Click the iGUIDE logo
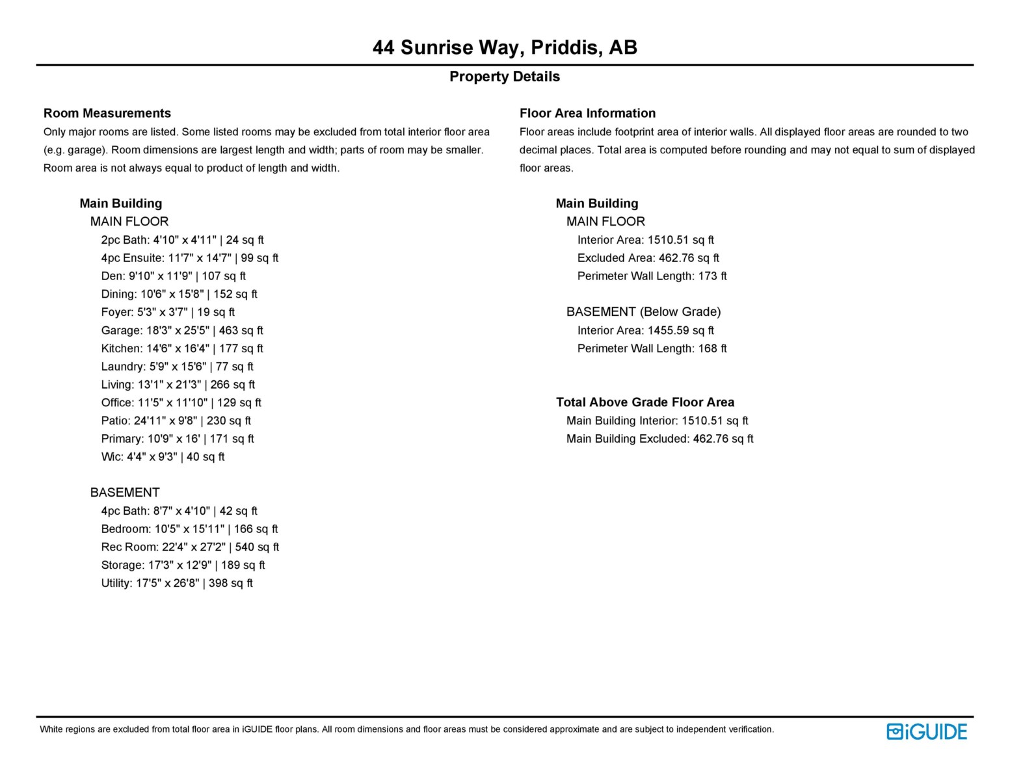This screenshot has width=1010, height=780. [x=926, y=732]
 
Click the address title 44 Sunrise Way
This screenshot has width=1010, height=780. [x=505, y=47]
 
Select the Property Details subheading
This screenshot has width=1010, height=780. [x=504, y=77]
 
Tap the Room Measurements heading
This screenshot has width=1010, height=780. [x=107, y=113]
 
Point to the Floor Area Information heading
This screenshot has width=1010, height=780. [x=587, y=113]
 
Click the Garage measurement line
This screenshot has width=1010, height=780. [x=182, y=330]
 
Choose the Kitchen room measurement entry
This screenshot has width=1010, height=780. [x=182, y=348]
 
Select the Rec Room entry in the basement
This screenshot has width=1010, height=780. [x=190, y=547]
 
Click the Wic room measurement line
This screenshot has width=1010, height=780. [x=163, y=457]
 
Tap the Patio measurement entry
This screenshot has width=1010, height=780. [x=176, y=421]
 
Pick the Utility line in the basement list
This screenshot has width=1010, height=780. [x=177, y=583]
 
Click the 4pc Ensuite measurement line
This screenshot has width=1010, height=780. [x=189, y=258]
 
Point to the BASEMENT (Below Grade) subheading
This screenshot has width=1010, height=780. [x=643, y=312]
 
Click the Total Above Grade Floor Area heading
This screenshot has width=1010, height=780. [x=645, y=402]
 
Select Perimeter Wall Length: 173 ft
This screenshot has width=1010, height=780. [x=652, y=276]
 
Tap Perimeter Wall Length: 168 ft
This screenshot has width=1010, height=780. [x=652, y=348]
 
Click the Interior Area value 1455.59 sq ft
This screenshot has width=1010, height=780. [x=680, y=330]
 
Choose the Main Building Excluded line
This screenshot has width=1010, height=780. [x=659, y=439]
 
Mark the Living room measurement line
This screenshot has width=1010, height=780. [x=178, y=385]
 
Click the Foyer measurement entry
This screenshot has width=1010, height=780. [x=168, y=312]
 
